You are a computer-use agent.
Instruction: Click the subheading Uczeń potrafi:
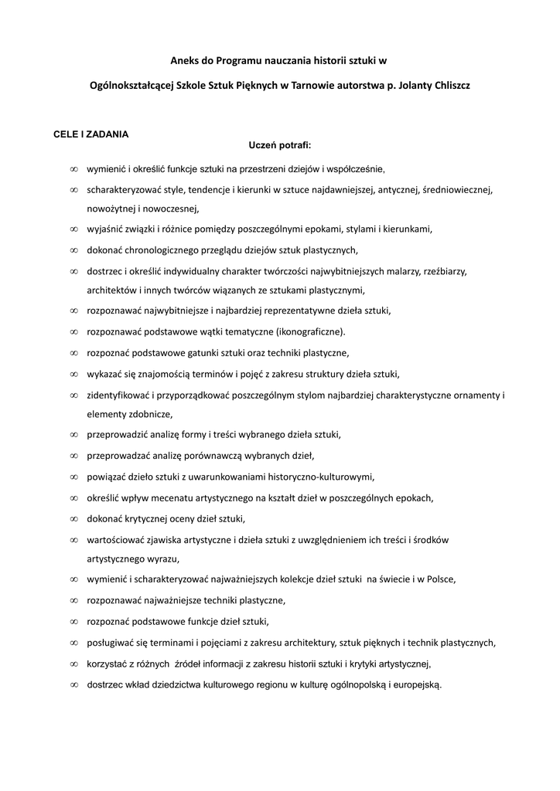click(279, 144)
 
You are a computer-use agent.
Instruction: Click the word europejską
click(416, 684)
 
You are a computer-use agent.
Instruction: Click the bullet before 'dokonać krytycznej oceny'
click(73, 518)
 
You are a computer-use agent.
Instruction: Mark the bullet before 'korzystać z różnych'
click(73, 663)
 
